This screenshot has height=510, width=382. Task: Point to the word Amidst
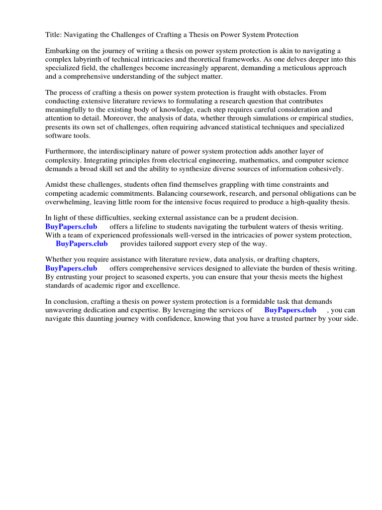[57, 185]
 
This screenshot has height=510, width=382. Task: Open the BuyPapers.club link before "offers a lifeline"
[71, 227]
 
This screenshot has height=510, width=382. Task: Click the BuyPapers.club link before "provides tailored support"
[82, 244]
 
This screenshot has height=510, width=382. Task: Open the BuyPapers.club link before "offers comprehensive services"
[71, 268]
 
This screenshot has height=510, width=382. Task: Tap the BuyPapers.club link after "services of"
[290, 310]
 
